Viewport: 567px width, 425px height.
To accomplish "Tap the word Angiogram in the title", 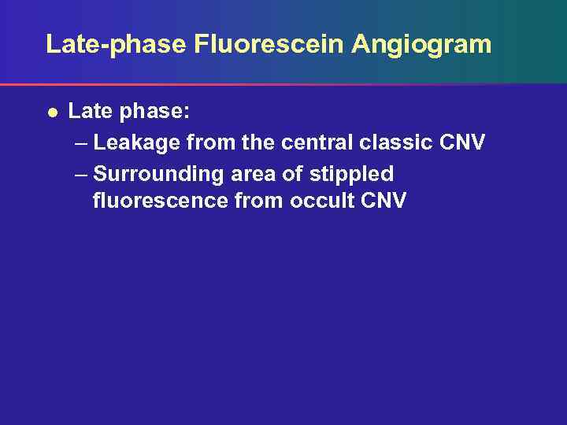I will (421, 44).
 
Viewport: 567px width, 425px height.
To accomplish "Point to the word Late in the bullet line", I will (91, 112).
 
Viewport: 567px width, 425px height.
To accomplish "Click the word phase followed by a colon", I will (154, 112).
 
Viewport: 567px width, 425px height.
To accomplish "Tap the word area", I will (251, 173).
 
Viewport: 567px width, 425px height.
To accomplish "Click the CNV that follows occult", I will (384, 201).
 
